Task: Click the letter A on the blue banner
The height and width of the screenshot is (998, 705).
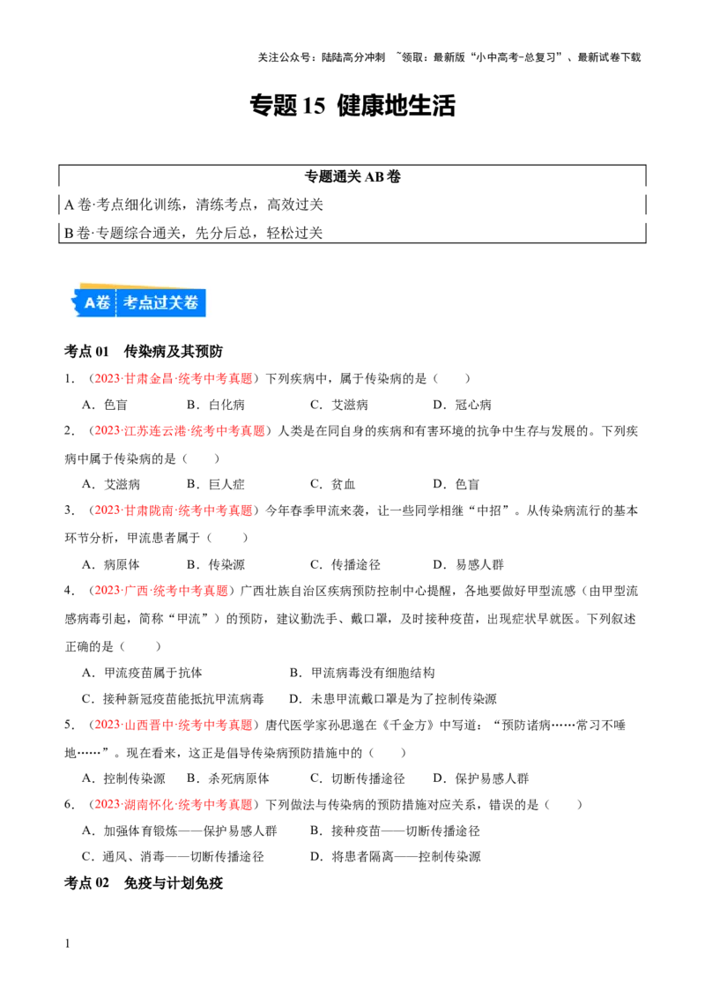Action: click(90, 303)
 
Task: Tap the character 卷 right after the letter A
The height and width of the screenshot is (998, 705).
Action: click(104, 303)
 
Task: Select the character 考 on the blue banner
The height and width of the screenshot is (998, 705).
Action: click(131, 303)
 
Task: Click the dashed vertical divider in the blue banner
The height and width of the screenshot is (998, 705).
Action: click(116, 303)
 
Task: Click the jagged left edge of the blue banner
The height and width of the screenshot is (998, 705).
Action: click(77, 303)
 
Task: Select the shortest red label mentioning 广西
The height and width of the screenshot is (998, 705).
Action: click(161, 591)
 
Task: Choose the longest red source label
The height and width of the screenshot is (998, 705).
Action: click(180, 431)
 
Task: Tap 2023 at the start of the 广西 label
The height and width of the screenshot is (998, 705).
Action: click(106, 591)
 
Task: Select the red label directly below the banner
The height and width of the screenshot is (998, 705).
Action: click(173, 378)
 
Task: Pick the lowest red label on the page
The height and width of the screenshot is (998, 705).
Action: click(173, 804)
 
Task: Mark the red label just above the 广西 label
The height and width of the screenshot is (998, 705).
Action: click(173, 510)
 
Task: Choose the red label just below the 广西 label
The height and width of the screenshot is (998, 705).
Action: click(173, 725)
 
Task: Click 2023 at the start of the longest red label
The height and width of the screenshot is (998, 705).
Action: click(106, 431)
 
